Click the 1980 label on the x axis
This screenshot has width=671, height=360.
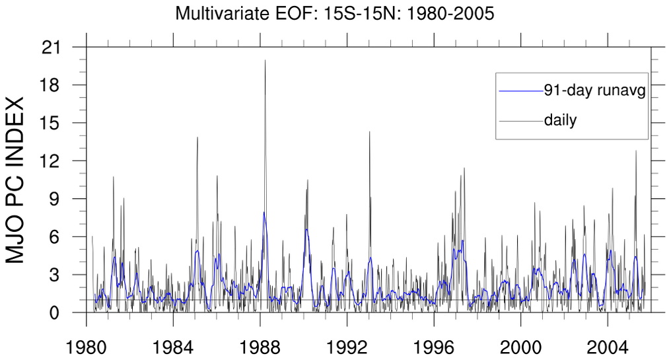[x=87, y=346]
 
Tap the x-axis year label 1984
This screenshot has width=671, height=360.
[x=173, y=346]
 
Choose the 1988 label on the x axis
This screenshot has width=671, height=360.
[x=260, y=346]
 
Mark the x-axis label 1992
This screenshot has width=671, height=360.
[x=347, y=346]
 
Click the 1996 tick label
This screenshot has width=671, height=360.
[x=434, y=346]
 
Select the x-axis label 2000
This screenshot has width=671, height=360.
[x=520, y=346]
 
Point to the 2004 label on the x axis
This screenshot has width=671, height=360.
[x=608, y=346]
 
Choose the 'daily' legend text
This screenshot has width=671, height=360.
[x=561, y=121]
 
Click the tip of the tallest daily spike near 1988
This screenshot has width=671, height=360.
[x=265, y=60]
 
